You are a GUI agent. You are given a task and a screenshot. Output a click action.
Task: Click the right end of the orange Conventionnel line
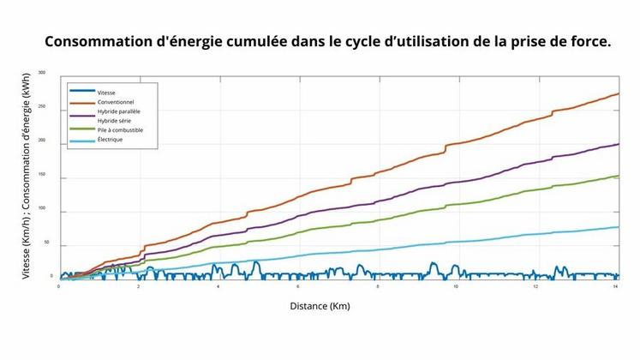(x=619, y=93)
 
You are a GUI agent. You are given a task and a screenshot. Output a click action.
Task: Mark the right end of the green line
(x=619, y=176)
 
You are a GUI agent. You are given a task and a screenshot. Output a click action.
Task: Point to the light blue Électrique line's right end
(x=619, y=226)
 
